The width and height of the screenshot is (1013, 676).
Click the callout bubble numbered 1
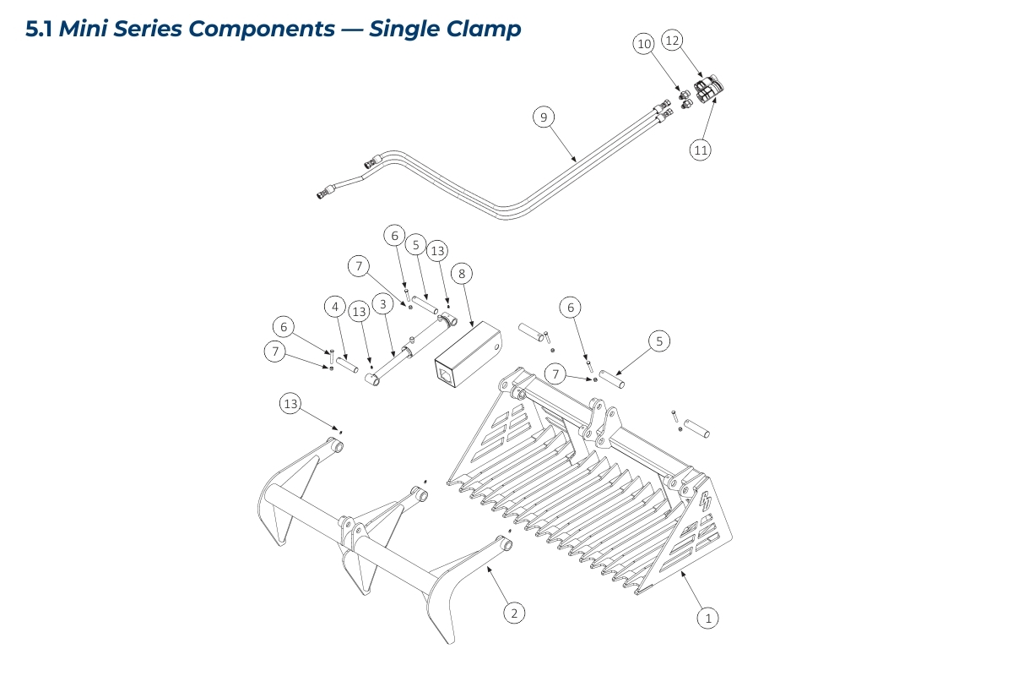[x=708, y=618]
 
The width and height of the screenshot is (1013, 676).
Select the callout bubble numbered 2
[x=513, y=613]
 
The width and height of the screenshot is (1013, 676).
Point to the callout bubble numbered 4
[x=335, y=305]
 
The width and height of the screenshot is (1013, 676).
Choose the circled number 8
[x=461, y=273]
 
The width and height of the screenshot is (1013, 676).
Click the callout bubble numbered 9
[x=544, y=117]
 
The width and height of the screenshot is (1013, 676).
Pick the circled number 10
[x=644, y=44]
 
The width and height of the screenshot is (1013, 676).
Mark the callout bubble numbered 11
[x=700, y=150]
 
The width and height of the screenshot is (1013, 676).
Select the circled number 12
[x=672, y=40]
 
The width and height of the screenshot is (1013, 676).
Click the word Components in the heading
[x=262, y=29]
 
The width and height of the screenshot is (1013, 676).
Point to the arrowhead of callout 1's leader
[x=681, y=572]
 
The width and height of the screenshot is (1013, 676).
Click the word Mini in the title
[x=81, y=29]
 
